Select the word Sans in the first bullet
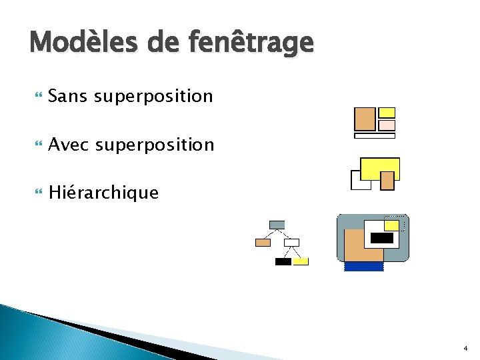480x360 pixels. (69, 97)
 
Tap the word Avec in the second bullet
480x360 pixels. (70, 145)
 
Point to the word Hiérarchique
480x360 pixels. (103, 193)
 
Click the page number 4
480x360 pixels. (465, 349)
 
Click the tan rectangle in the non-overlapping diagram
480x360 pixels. (365, 119)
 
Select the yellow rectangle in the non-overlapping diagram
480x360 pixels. (387, 113)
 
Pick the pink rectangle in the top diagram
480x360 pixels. (387, 125)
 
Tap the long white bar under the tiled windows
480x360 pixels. (375, 136)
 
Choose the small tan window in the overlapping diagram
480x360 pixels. (387, 179)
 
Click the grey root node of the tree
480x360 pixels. (277, 225)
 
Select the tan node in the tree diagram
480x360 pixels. (263, 243)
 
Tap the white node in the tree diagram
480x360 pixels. (291, 243)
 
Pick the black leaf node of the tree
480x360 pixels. (283, 261)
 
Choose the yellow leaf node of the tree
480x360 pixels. (301, 261)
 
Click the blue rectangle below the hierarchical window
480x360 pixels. (364, 267)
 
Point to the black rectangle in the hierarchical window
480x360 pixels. (381, 238)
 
